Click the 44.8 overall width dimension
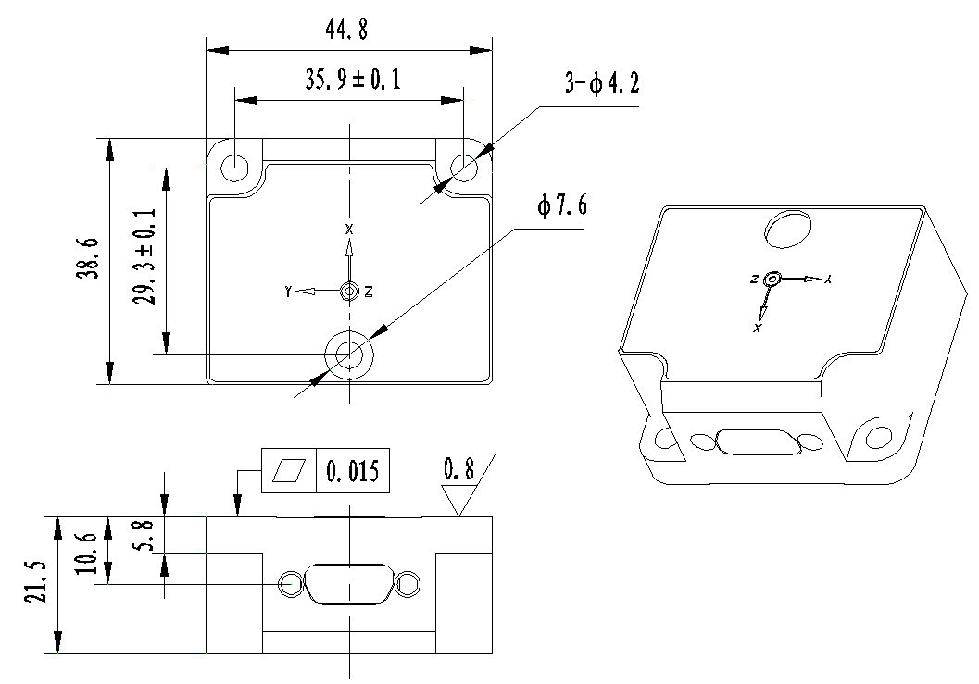346,30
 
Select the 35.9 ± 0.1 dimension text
353,81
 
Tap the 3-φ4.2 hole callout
602,85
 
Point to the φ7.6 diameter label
561,205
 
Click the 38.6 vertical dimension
87,262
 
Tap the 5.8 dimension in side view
143,536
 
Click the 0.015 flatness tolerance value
352,472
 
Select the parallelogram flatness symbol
290,472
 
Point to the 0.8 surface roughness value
458,470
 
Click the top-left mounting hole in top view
234,168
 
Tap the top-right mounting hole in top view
463,168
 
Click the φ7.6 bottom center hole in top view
349,353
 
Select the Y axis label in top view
289,292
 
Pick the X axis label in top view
349,228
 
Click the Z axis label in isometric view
756,279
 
